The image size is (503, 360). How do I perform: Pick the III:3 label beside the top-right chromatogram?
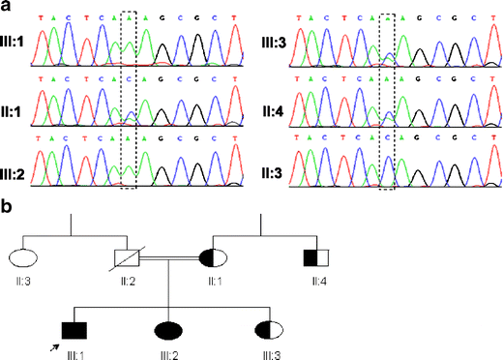(273, 44)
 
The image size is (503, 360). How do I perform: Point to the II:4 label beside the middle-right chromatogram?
(273, 108)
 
